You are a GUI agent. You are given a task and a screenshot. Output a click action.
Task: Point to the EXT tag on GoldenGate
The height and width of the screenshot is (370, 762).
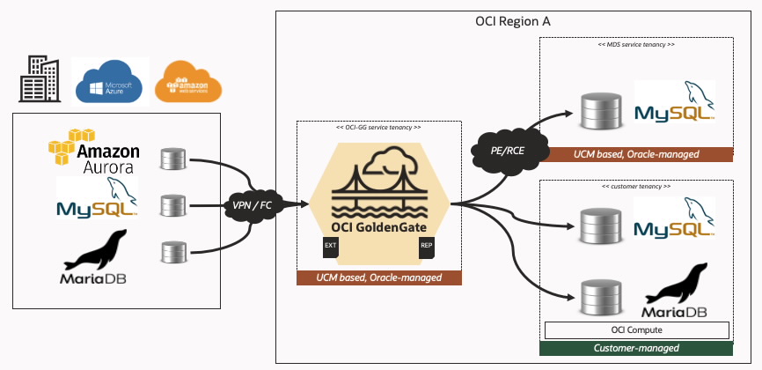click(x=331, y=246)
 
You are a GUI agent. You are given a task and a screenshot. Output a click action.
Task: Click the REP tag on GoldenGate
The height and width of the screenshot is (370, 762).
click(x=427, y=246)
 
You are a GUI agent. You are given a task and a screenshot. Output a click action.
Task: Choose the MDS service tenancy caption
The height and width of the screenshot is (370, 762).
click(x=636, y=44)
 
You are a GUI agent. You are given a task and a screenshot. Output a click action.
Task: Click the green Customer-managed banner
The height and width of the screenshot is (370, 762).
click(x=636, y=348)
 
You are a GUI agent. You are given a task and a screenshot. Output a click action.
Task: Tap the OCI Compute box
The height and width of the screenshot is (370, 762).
click(x=636, y=329)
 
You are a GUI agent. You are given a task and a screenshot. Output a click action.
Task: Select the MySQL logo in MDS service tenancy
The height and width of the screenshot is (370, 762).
click(x=673, y=104)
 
